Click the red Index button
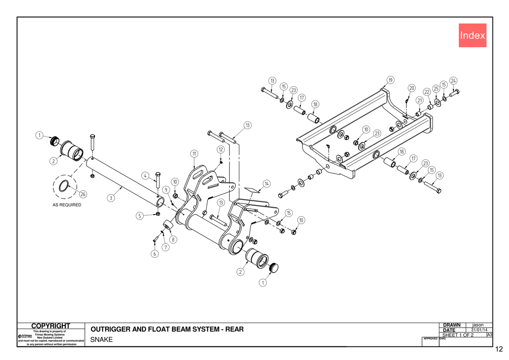click(473, 35)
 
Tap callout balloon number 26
click(83, 194)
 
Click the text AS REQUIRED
click(67, 205)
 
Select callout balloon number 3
click(111, 198)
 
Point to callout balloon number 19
click(390, 80)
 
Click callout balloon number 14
click(267, 183)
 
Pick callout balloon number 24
click(453, 81)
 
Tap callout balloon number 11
click(194, 154)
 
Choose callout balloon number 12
click(221, 149)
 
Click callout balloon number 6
click(155, 254)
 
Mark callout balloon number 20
click(412, 88)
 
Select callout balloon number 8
click(173, 239)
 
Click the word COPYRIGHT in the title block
click(50, 326)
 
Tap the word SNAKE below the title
click(101, 340)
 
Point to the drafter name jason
click(478, 325)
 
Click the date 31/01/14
click(479, 330)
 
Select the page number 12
click(499, 349)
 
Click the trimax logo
click(25, 336)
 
